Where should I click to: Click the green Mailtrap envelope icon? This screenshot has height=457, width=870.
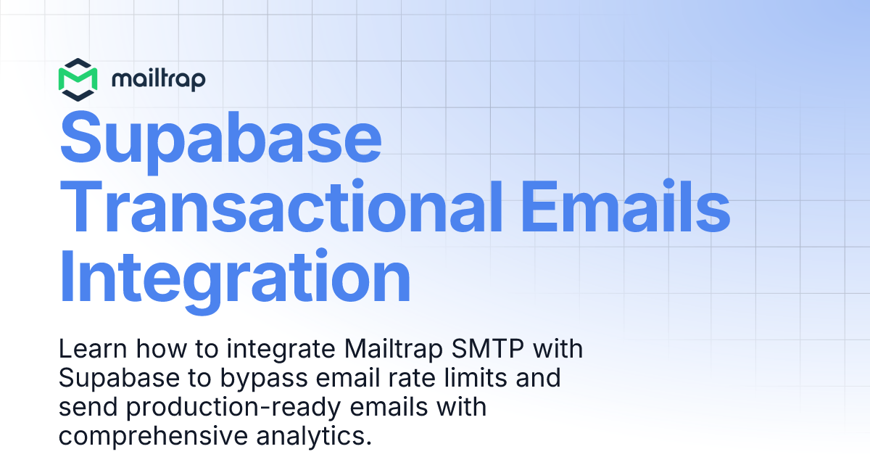78,78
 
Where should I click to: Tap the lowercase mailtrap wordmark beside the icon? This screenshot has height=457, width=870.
159,79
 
